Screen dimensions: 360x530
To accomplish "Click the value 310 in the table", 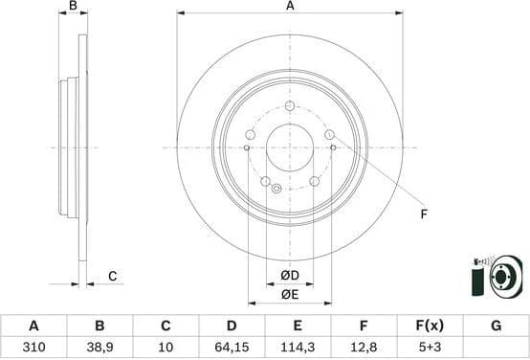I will coord(35,347).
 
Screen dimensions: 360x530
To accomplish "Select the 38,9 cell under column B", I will coord(99,347).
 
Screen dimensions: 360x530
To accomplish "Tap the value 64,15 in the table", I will coord(232,347).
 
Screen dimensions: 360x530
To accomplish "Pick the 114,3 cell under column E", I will coord(298,347).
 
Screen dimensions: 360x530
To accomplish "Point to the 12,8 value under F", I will coord(364,347).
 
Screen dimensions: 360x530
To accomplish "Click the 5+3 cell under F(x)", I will coord(430,347).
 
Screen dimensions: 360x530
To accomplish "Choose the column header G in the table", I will coord(496,326).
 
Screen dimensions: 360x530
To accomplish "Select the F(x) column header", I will coord(430,326).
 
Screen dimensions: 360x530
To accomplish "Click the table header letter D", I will coord(232,326).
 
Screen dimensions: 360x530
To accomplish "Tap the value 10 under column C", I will coord(166,347).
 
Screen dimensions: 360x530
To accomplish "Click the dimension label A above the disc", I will coord(289,6).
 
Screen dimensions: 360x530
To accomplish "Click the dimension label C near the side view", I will coord(111,277).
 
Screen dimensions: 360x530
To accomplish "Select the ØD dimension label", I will coord(290,277).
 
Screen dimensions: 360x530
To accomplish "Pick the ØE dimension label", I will coord(290,294).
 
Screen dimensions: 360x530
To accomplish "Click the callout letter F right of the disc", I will coord(423,214).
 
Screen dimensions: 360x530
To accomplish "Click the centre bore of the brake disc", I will coord(289,146).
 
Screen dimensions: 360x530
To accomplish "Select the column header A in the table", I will coord(35,326).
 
